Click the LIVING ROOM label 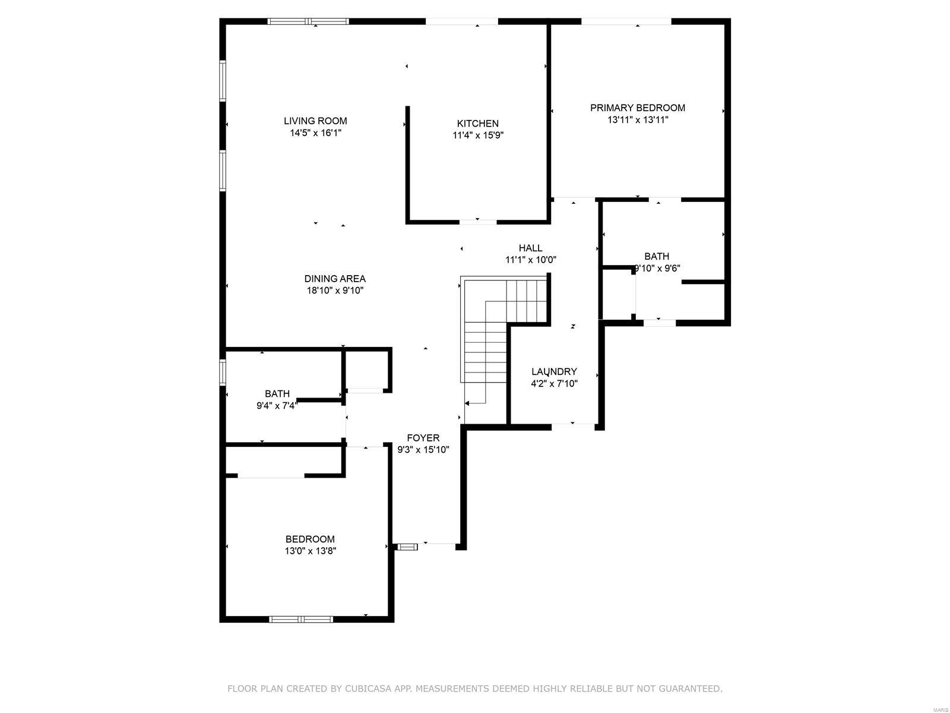[x=315, y=121]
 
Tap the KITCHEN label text [x=478, y=124]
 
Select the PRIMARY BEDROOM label [x=638, y=108]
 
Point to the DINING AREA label [x=335, y=279]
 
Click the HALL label [x=531, y=248]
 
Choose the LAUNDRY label [x=554, y=371]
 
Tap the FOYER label [x=423, y=438]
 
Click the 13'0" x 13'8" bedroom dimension [x=311, y=551]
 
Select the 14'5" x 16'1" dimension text [x=315, y=132]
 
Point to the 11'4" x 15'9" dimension [x=478, y=135]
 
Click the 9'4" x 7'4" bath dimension [x=277, y=406]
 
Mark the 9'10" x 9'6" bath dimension [x=657, y=268]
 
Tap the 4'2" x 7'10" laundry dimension [x=554, y=383]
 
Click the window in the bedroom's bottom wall [x=301, y=619]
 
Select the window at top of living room [x=308, y=21]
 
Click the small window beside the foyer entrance [x=407, y=547]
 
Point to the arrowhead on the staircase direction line [x=467, y=403]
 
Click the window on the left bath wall [x=223, y=372]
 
